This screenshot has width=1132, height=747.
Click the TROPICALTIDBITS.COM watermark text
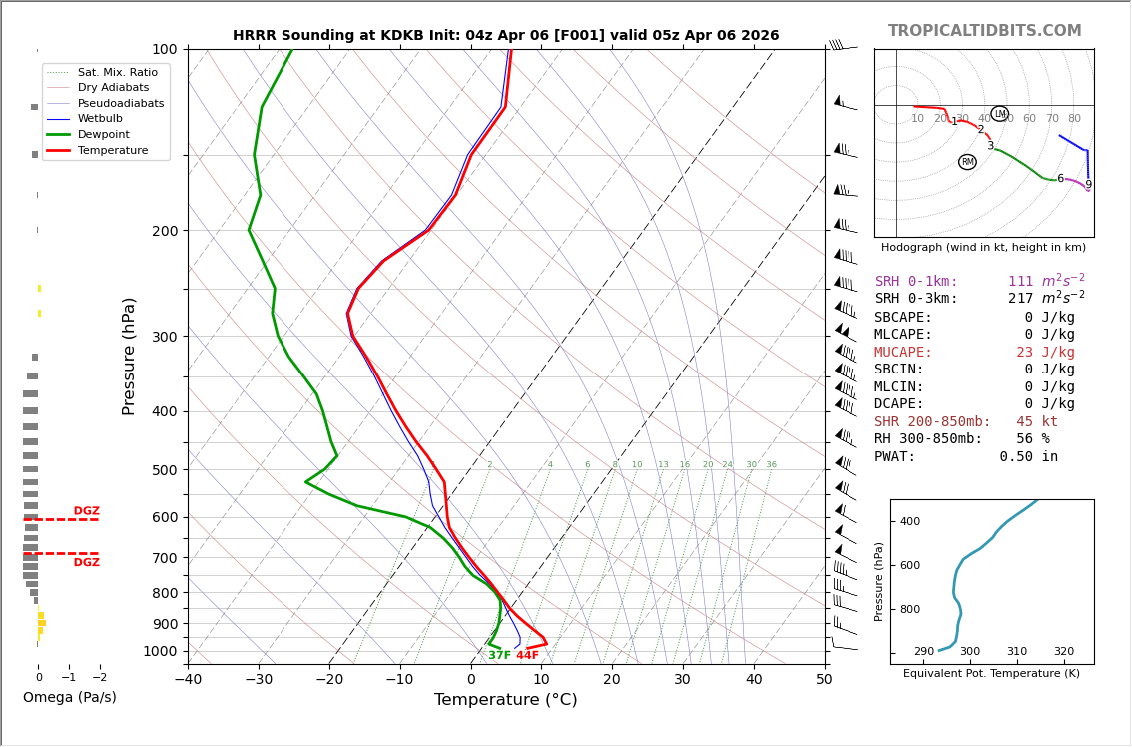(984, 31)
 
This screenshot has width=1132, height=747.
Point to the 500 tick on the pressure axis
(164, 470)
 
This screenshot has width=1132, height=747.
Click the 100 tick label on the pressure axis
(164, 49)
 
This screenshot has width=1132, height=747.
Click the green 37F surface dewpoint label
(499, 656)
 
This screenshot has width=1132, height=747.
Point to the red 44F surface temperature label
(527, 656)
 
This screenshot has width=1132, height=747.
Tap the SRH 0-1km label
(916, 282)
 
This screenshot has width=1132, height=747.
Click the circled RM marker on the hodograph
(967, 162)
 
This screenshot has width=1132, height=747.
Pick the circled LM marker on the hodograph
(999, 114)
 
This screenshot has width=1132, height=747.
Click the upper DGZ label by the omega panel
(86, 511)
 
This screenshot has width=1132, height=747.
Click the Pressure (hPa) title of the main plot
(130, 356)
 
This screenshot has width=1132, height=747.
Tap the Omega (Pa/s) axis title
(69, 698)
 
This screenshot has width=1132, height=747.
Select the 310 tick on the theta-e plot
(1016, 652)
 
